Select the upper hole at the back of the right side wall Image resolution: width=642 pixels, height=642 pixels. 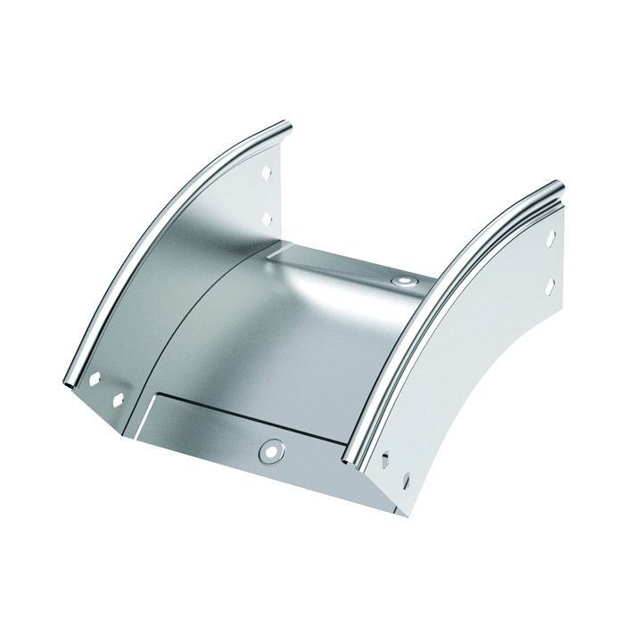(x=550, y=240)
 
